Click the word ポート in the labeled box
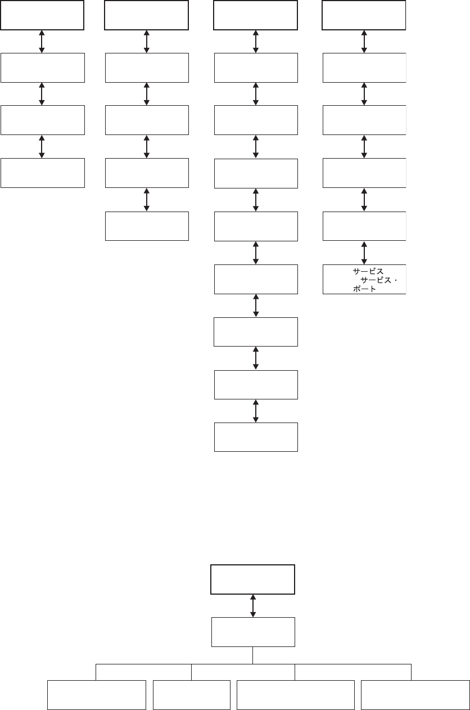tap(365, 289)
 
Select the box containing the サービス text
tap(364, 280)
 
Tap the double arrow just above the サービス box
tap(364, 253)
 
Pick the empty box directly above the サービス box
tap(364, 226)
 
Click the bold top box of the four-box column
tap(42, 15)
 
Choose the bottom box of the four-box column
tap(43, 173)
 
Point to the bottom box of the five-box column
tap(147, 226)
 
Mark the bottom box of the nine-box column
tap(256, 437)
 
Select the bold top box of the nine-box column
tap(256, 15)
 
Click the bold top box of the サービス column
tap(364, 15)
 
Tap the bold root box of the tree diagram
tap(253, 579)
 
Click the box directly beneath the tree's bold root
tap(253, 632)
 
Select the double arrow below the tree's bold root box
tap(253, 605)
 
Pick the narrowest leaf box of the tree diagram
tap(192, 695)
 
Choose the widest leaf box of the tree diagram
tap(296, 695)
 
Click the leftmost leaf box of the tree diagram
tap(96, 695)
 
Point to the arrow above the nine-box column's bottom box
tap(256, 411)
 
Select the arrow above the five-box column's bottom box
tap(147, 200)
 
